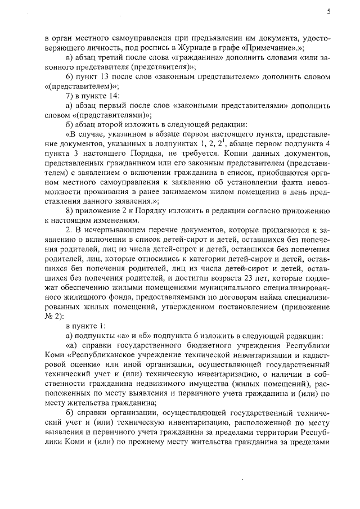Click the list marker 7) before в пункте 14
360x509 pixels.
[71, 96]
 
